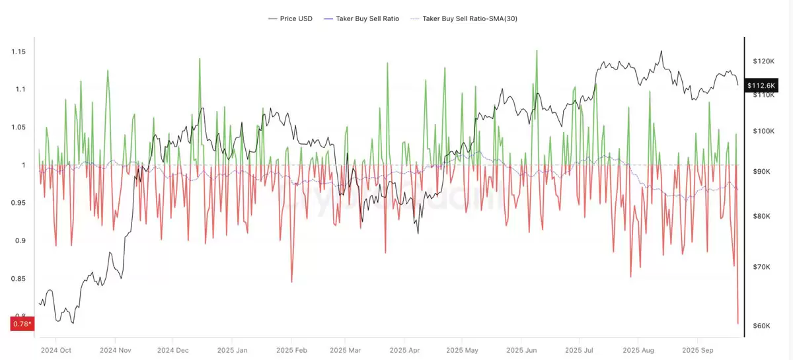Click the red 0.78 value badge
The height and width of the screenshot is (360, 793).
coord(21,324)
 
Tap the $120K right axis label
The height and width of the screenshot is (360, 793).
coord(763,61)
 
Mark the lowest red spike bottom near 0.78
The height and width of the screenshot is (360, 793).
coord(737,324)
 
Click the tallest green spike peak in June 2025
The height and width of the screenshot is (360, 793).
coord(536,51)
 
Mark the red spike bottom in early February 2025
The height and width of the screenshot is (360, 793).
coord(291,282)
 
